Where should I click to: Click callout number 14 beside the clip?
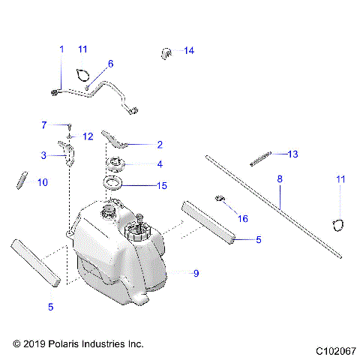188,51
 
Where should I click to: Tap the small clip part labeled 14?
167,52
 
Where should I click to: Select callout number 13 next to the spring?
292,154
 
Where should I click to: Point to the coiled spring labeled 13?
259,158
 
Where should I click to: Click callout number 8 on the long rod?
280,180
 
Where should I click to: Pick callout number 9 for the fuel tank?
196,274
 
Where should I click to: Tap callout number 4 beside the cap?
159,163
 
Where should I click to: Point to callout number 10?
42,182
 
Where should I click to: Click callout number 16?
242,218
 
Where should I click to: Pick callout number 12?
88,136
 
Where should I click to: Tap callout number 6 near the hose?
110,64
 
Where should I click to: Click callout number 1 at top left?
61,49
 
